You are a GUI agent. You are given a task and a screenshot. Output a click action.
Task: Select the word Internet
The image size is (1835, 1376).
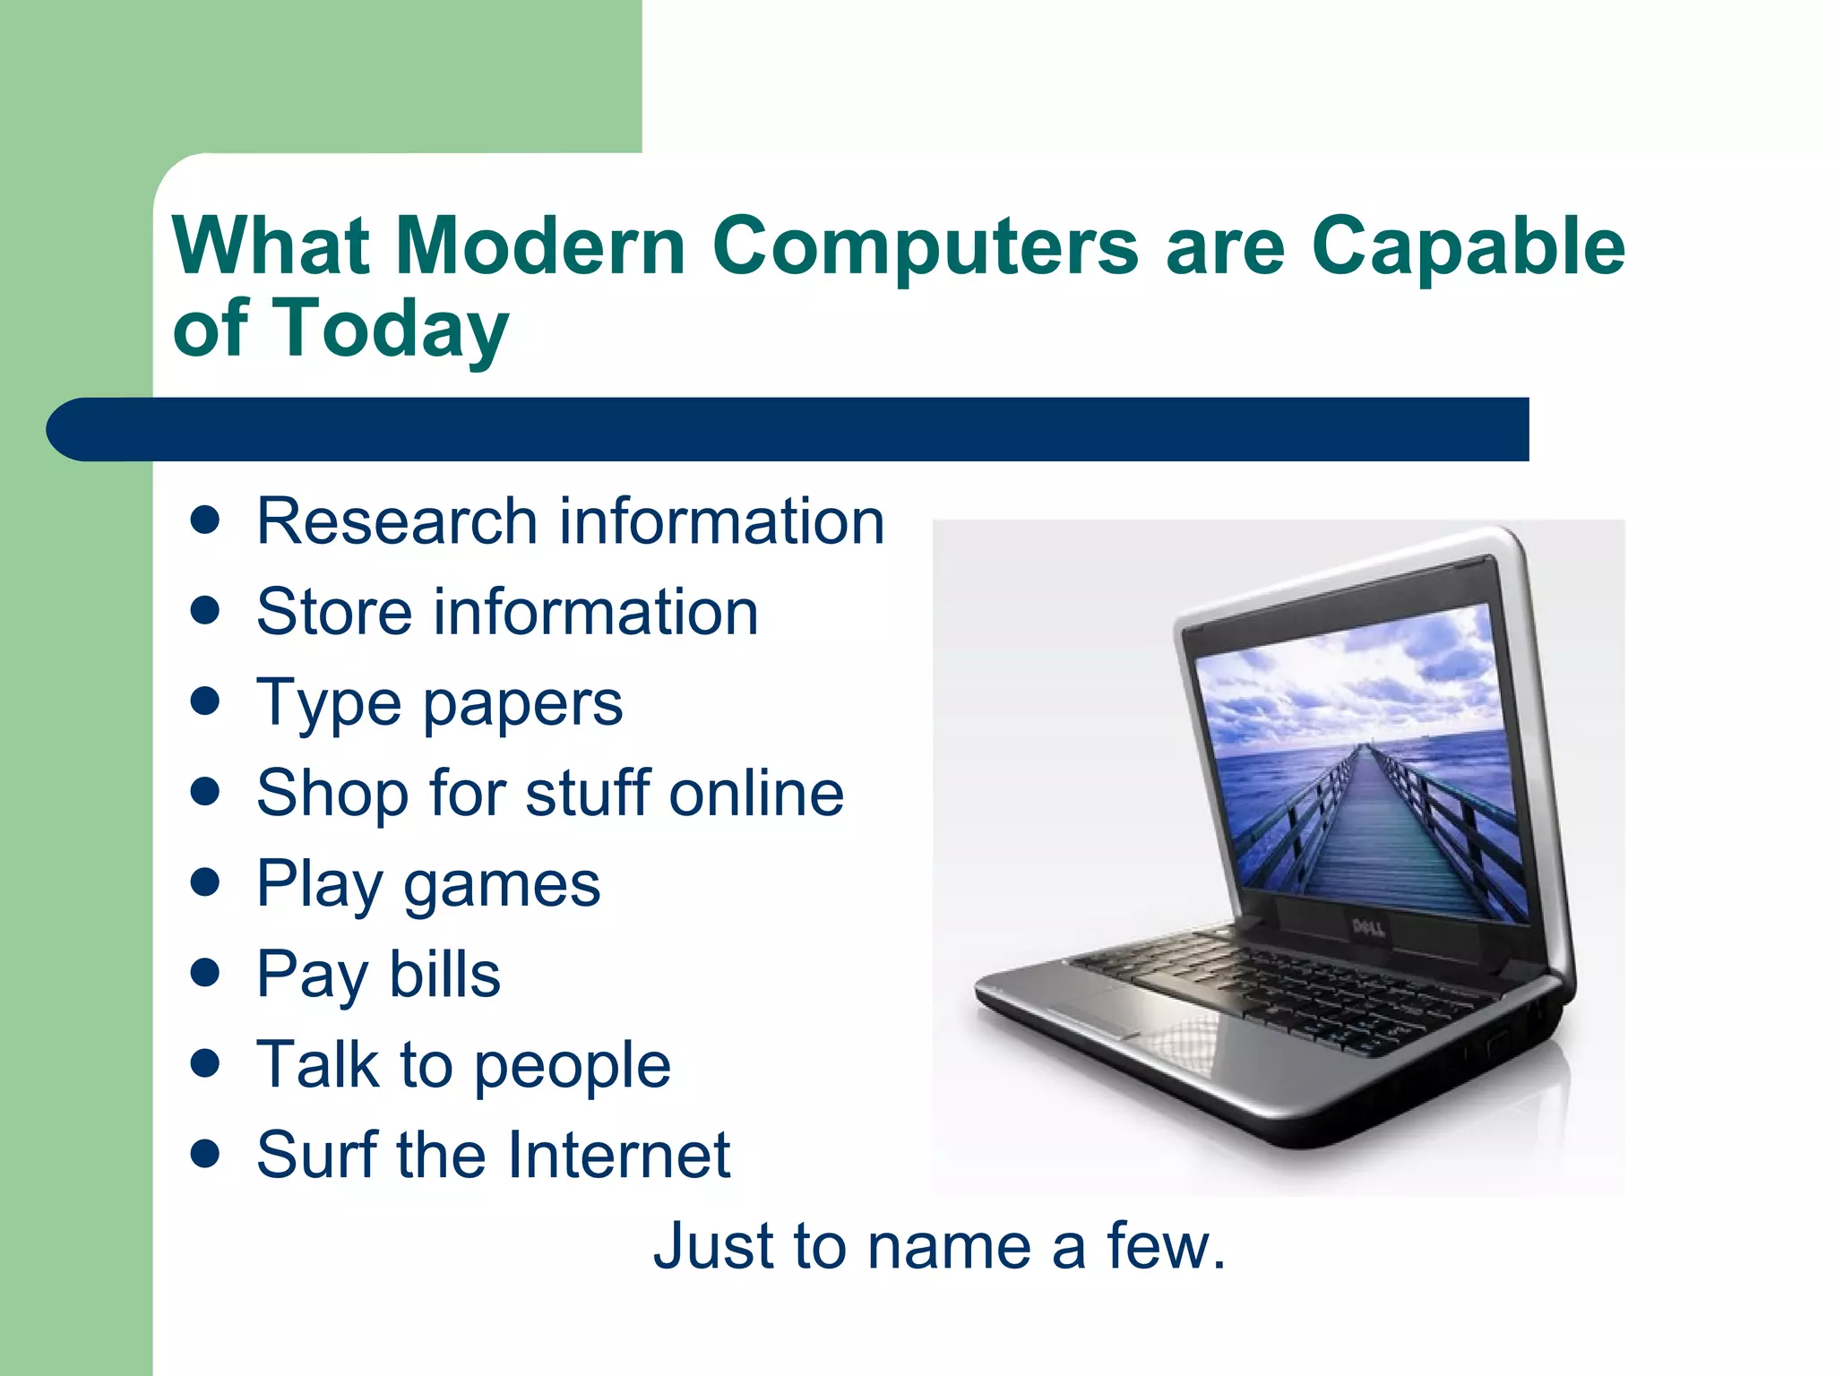coord(619,1155)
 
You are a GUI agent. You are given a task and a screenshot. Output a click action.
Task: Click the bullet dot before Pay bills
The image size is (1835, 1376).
coord(206,973)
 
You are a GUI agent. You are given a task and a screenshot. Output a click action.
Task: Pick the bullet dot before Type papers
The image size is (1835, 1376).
coord(206,701)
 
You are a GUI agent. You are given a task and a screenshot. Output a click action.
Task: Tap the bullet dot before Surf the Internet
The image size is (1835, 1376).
coord(206,1154)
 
